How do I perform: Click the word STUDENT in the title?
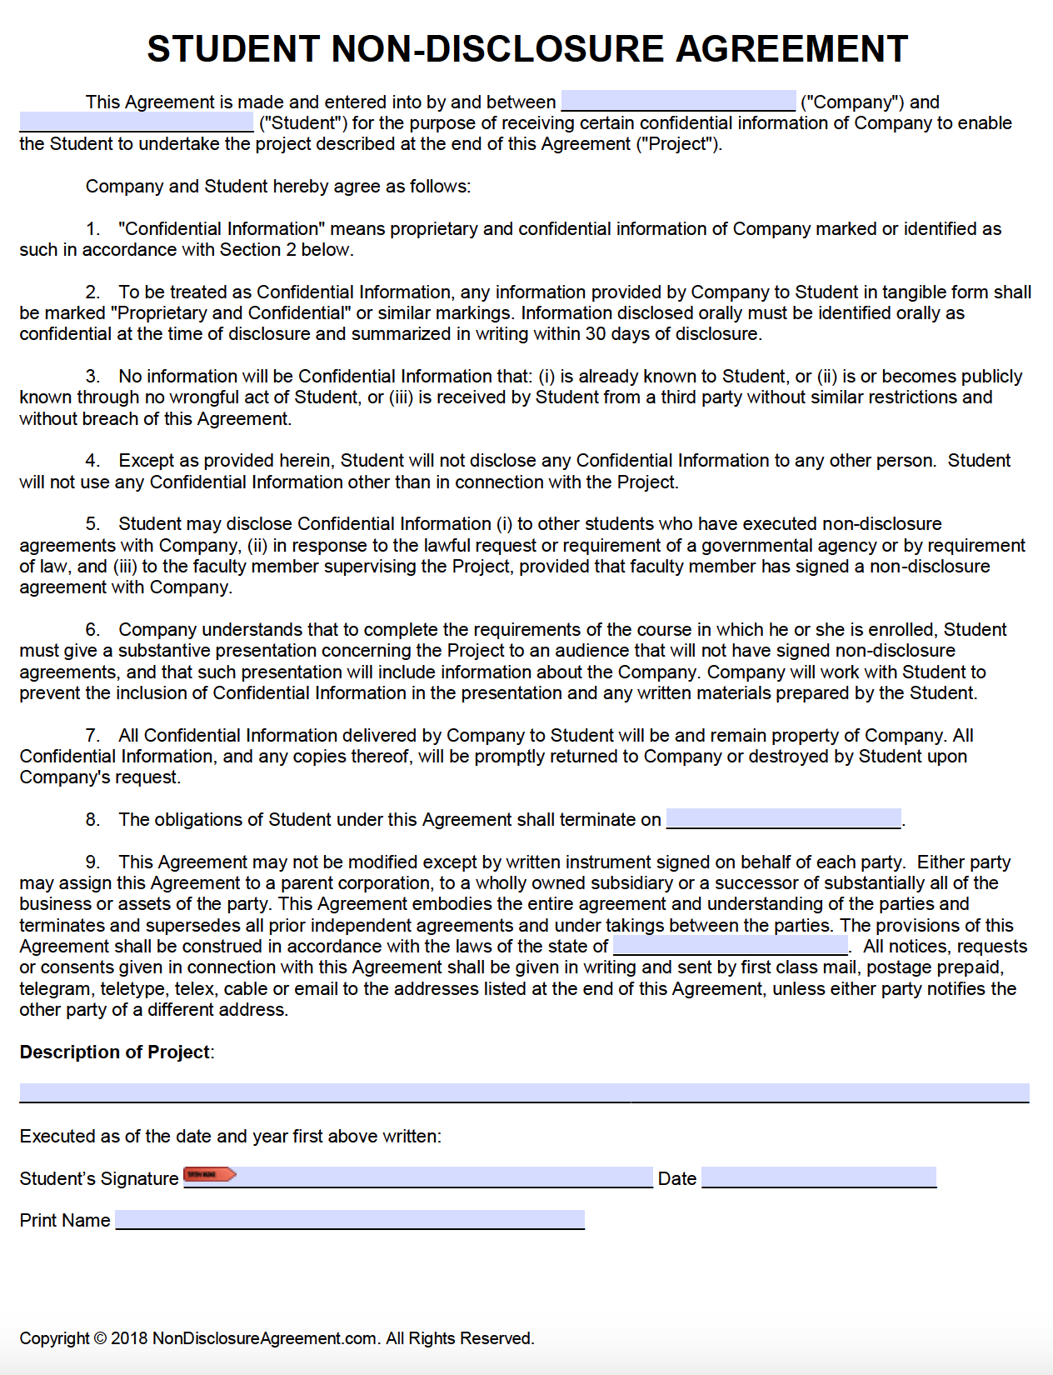click(x=232, y=49)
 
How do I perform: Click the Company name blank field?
click(x=678, y=102)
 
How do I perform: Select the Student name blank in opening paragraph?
click(x=137, y=122)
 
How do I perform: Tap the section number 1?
click(x=92, y=228)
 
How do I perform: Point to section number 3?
click(x=92, y=376)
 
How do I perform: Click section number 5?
click(x=92, y=523)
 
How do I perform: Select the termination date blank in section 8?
click(x=783, y=819)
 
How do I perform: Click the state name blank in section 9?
click(x=730, y=946)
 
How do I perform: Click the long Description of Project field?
click(x=524, y=1092)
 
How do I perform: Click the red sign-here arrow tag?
click(x=209, y=1175)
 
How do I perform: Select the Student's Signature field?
click(x=442, y=1177)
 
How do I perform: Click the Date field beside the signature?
click(x=819, y=1177)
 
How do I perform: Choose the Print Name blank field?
click(x=350, y=1220)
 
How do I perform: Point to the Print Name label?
click(x=65, y=1220)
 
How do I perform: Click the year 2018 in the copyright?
click(x=128, y=1338)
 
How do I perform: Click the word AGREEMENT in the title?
click(x=791, y=49)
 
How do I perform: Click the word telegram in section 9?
click(x=55, y=988)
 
